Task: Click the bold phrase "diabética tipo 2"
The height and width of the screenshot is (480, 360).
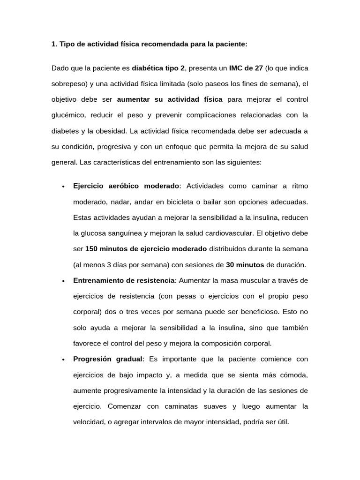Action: pyautogui.click(x=158, y=68)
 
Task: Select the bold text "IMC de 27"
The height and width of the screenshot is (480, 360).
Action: pyautogui.click(x=246, y=68)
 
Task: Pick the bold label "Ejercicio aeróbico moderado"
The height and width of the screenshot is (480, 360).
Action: pyautogui.click(x=126, y=186)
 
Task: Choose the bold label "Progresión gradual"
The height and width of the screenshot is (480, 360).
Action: pyautogui.click(x=108, y=359)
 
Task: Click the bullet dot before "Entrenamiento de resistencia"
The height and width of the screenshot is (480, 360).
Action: pyautogui.click(x=63, y=281)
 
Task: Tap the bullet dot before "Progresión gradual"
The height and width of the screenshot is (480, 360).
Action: pyautogui.click(x=63, y=360)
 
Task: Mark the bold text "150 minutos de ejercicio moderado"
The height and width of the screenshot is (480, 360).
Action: pyautogui.click(x=146, y=249)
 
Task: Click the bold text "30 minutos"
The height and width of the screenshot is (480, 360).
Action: pyautogui.click(x=245, y=265)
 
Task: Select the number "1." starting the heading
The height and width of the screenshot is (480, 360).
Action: pyautogui.click(x=54, y=44)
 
